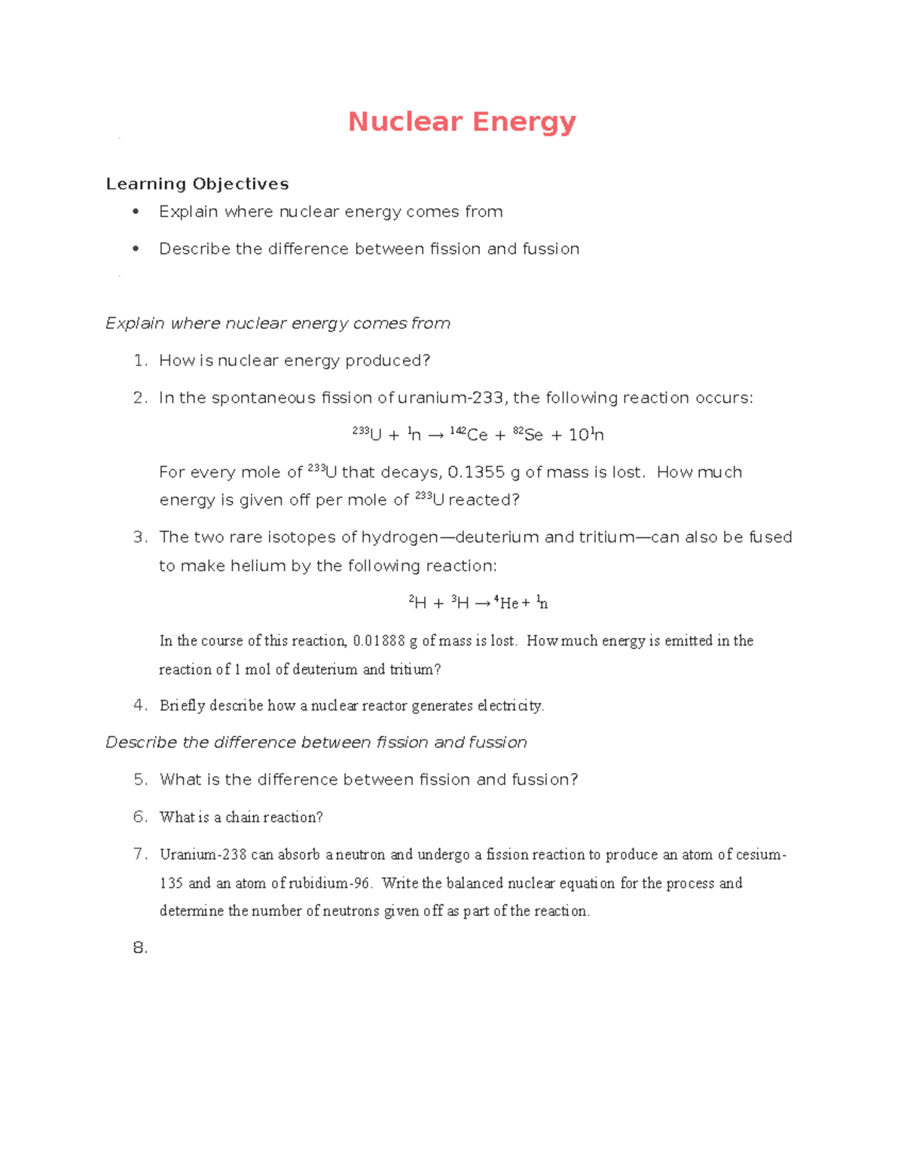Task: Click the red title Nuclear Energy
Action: (462, 122)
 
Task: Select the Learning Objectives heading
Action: (197, 184)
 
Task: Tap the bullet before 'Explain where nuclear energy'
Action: (136, 212)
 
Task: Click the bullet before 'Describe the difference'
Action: (136, 249)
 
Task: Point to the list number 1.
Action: (139, 361)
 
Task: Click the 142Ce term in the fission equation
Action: (469, 435)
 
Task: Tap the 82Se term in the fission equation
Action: (528, 435)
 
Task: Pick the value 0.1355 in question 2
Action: (476, 472)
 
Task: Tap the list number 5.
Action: (140, 780)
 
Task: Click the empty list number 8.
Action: (140, 948)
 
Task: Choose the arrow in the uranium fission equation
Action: (435, 435)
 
